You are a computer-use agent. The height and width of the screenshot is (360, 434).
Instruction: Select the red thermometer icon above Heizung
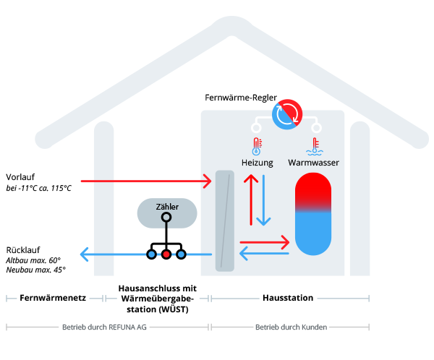pyautogui.click(x=256, y=146)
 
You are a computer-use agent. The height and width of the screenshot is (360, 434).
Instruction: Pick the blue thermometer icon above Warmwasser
pyautogui.click(x=314, y=146)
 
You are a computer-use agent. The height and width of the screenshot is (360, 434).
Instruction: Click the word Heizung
pyautogui.click(x=257, y=163)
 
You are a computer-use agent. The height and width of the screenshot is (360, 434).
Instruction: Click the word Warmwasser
pyautogui.click(x=314, y=163)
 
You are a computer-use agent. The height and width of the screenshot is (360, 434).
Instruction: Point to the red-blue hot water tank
pyautogui.click(x=313, y=214)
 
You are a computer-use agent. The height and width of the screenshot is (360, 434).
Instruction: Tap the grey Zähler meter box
pyautogui.click(x=166, y=211)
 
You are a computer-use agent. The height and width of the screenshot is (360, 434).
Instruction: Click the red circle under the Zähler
pyautogui.click(x=166, y=254)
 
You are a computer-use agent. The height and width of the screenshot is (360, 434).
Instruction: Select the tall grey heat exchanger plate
pyautogui.click(x=225, y=220)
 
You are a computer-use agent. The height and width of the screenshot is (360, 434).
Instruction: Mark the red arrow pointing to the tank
pyautogui.click(x=264, y=241)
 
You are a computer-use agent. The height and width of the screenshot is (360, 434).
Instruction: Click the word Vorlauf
pyautogui.click(x=21, y=177)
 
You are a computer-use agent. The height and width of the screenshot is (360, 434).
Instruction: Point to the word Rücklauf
pyautogui.click(x=22, y=249)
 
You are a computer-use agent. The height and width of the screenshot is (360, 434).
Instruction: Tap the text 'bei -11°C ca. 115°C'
pyautogui.click(x=39, y=189)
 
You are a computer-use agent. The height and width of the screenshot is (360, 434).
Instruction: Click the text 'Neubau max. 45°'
pyautogui.click(x=35, y=270)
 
